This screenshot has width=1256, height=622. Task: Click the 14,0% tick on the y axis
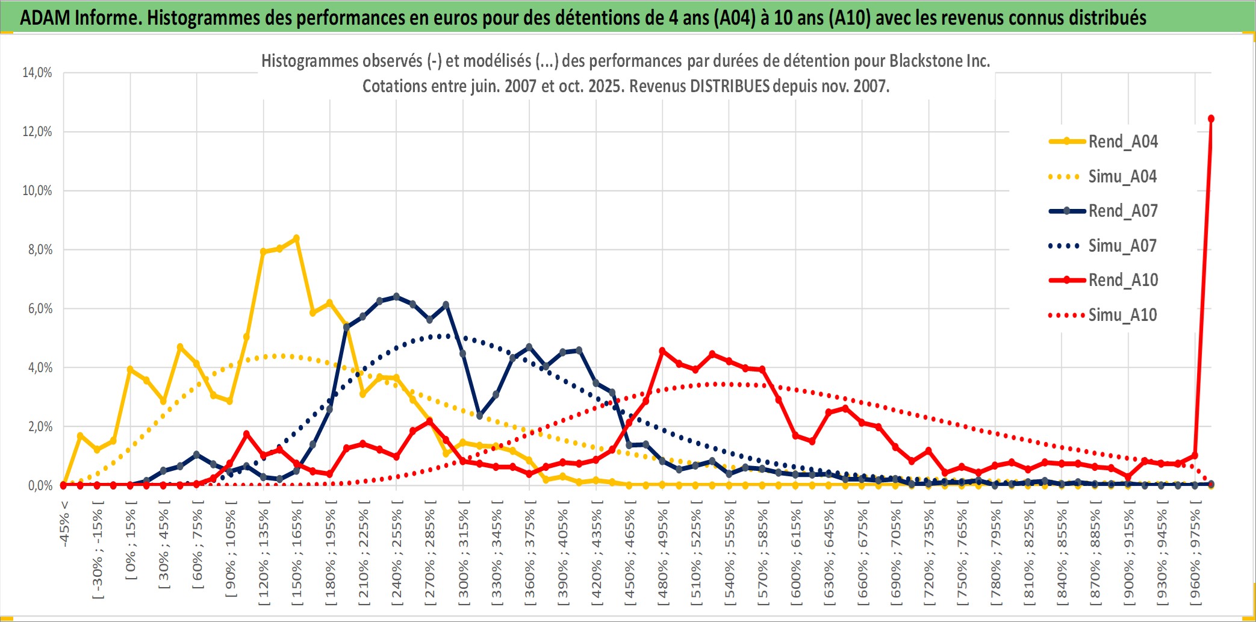[37, 73]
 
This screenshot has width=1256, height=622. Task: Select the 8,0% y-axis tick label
[40, 249]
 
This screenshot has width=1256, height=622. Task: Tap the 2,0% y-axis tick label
[40, 426]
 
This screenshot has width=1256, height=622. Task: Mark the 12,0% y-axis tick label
[37, 131]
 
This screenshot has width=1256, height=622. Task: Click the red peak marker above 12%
[1211, 119]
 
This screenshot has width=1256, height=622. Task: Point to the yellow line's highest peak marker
[296, 238]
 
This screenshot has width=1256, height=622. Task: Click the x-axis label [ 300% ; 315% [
[463, 554]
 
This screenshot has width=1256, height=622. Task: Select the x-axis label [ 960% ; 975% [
[1195, 554]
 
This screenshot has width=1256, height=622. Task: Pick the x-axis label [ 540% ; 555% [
[729, 554]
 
